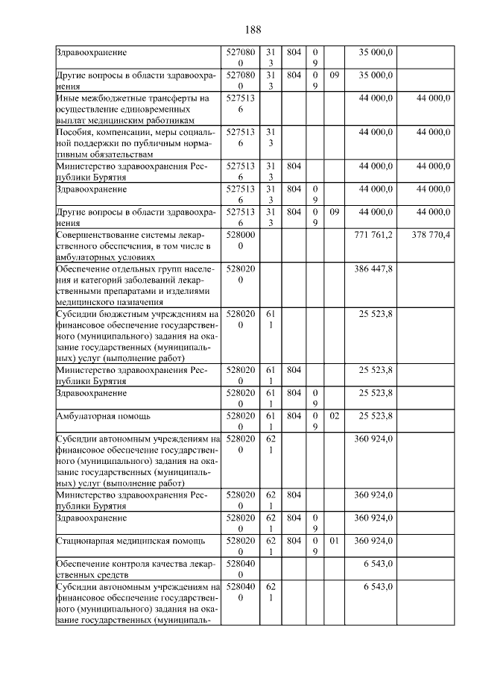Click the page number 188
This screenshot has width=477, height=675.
(253, 30)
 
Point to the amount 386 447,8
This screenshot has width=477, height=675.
(376, 267)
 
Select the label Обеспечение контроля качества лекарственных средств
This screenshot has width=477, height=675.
(135, 570)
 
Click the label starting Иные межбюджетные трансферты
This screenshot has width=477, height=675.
(135, 109)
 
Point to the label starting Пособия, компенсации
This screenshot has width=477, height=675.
(135, 142)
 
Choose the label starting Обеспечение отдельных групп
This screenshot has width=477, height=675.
(135, 283)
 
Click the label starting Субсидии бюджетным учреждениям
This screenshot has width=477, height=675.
(135, 336)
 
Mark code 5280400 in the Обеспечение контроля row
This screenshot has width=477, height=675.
(240, 570)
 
